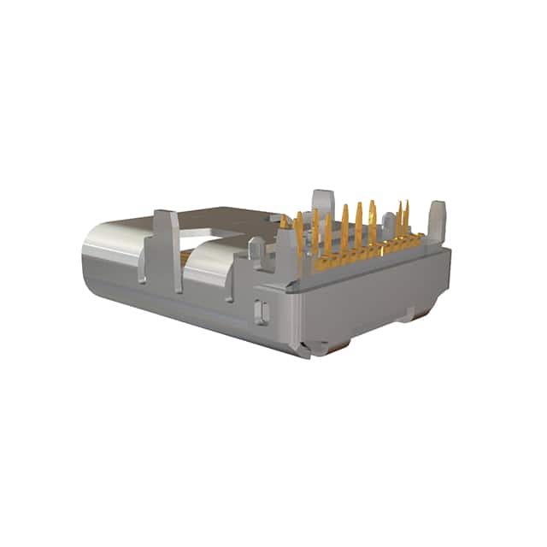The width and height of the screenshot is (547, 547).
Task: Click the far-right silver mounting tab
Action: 437,220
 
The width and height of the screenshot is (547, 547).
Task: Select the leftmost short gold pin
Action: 284,224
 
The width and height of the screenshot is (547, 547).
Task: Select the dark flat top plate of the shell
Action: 231,214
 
